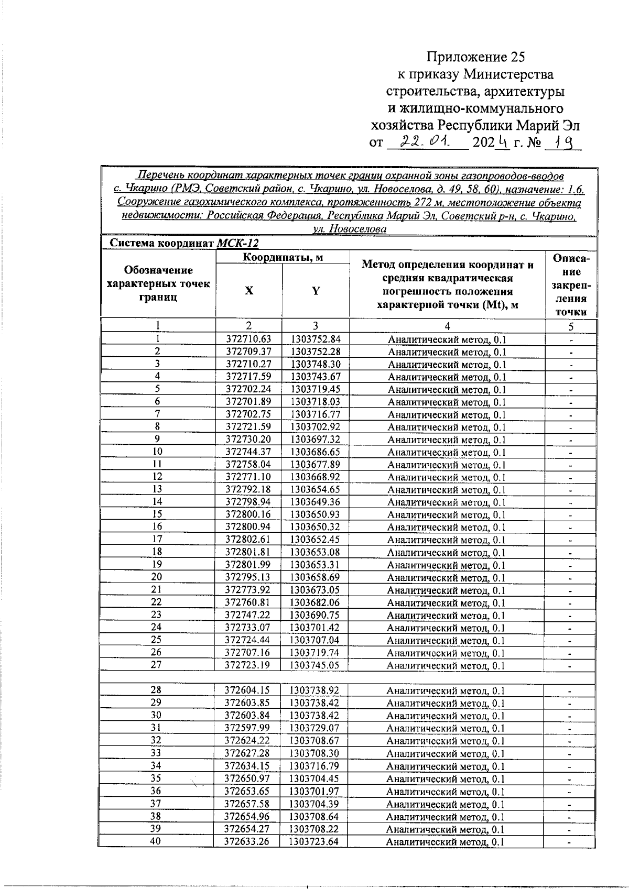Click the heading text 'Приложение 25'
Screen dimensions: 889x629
pyautogui.click(x=475, y=57)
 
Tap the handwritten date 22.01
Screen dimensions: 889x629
pyautogui.click(x=426, y=141)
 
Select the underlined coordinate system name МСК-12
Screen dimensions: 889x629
pyautogui.click(x=237, y=244)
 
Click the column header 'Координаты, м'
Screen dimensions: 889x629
pyautogui.click(x=282, y=257)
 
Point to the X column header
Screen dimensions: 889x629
pyautogui.click(x=249, y=291)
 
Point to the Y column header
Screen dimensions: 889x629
pyautogui.click(x=316, y=291)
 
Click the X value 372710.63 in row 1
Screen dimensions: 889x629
pyautogui.click(x=249, y=339)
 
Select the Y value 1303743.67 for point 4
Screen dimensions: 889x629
pyautogui.click(x=316, y=377)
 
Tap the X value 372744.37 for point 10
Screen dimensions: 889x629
pyautogui.click(x=249, y=452)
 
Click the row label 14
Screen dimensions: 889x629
pyautogui.click(x=157, y=502)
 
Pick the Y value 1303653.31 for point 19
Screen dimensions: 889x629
pyautogui.click(x=316, y=565)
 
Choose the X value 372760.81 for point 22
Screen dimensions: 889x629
pyautogui.click(x=249, y=602)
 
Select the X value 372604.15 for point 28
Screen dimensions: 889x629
pyautogui.click(x=248, y=690)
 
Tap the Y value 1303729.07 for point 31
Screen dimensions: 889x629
pyautogui.click(x=315, y=728)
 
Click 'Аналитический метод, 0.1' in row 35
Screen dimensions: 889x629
pyautogui.click(x=446, y=779)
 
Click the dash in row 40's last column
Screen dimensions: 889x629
pyautogui.click(x=570, y=842)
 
